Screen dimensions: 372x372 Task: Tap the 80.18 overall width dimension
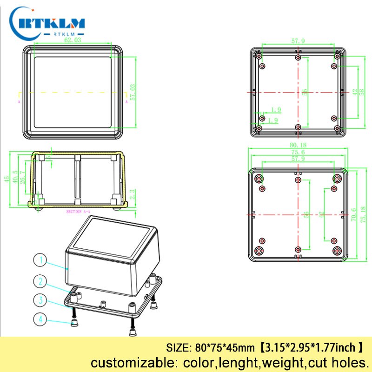point(298,146)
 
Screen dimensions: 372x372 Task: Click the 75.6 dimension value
point(298,152)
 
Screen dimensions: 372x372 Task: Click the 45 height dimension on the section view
point(7,179)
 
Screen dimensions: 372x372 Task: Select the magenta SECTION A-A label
point(77,212)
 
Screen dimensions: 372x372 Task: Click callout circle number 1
point(40,261)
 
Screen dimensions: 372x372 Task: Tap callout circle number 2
point(40,280)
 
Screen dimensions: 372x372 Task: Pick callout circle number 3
point(40,300)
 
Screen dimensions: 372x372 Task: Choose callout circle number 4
point(40,319)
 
